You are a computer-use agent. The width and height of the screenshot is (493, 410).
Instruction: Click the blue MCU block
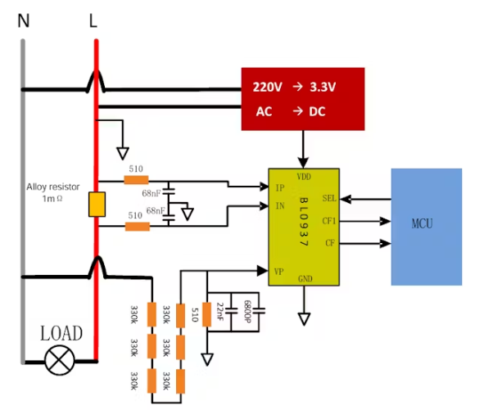point(426,226)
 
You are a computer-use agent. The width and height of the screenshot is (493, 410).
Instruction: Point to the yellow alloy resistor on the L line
point(97,205)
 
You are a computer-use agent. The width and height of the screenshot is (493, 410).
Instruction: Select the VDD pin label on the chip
point(303,176)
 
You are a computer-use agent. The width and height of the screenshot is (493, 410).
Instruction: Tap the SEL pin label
point(329,198)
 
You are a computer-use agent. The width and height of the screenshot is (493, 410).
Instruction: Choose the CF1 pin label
point(329,221)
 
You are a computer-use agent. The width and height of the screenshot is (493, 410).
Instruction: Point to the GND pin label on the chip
point(304,278)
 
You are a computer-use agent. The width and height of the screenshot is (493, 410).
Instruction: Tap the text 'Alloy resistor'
point(54,187)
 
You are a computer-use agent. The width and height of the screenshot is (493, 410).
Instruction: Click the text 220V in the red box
point(266,87)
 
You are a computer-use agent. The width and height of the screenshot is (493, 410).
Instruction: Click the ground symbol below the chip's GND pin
point(304,318)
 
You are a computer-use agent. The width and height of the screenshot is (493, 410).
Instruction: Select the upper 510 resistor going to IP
point(136,180)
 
